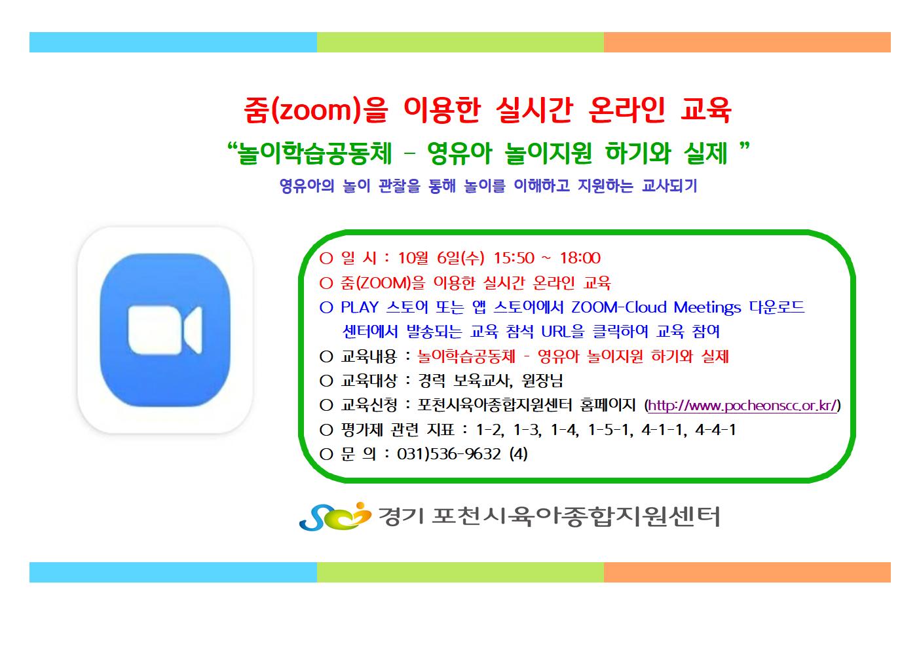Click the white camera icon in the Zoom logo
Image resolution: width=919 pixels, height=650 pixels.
pyautogui.click(x=165, y=330)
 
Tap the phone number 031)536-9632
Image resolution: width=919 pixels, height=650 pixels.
pyautogui.click(x=449, y=454)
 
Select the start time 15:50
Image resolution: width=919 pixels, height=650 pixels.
pyautogui.click(x=514, y=258)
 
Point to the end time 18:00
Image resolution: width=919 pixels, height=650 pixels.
pyautogui.click(x=580, y=258)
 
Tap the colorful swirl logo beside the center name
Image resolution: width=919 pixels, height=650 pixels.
pyautogui.click(x=335, y=516)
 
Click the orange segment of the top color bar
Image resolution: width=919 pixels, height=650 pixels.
pyautogui.click(x=747, y=43)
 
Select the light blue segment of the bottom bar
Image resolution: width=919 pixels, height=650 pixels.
pyautogui.click(x=173, y=572)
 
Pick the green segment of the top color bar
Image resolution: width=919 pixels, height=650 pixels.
pyautogui.click(x=460, y=43)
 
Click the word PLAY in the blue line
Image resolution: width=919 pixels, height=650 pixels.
pyautogui.click(x=360, y=307)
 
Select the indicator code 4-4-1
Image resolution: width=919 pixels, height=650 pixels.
pyautogui.click(x=715, y=430)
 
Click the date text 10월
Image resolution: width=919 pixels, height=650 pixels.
pyautogui.click(x=413, y=258)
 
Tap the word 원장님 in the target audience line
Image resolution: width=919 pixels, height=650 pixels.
pyautogui.click(x=542, y=381)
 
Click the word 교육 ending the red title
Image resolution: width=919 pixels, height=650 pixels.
pyautogui.click(x=705, y=110)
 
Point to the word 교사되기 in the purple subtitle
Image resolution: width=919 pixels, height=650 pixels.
pyautogui.click(x=669, y=186)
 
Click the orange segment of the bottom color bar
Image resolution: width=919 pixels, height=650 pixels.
pyautogui.click(x=747, y=572)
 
